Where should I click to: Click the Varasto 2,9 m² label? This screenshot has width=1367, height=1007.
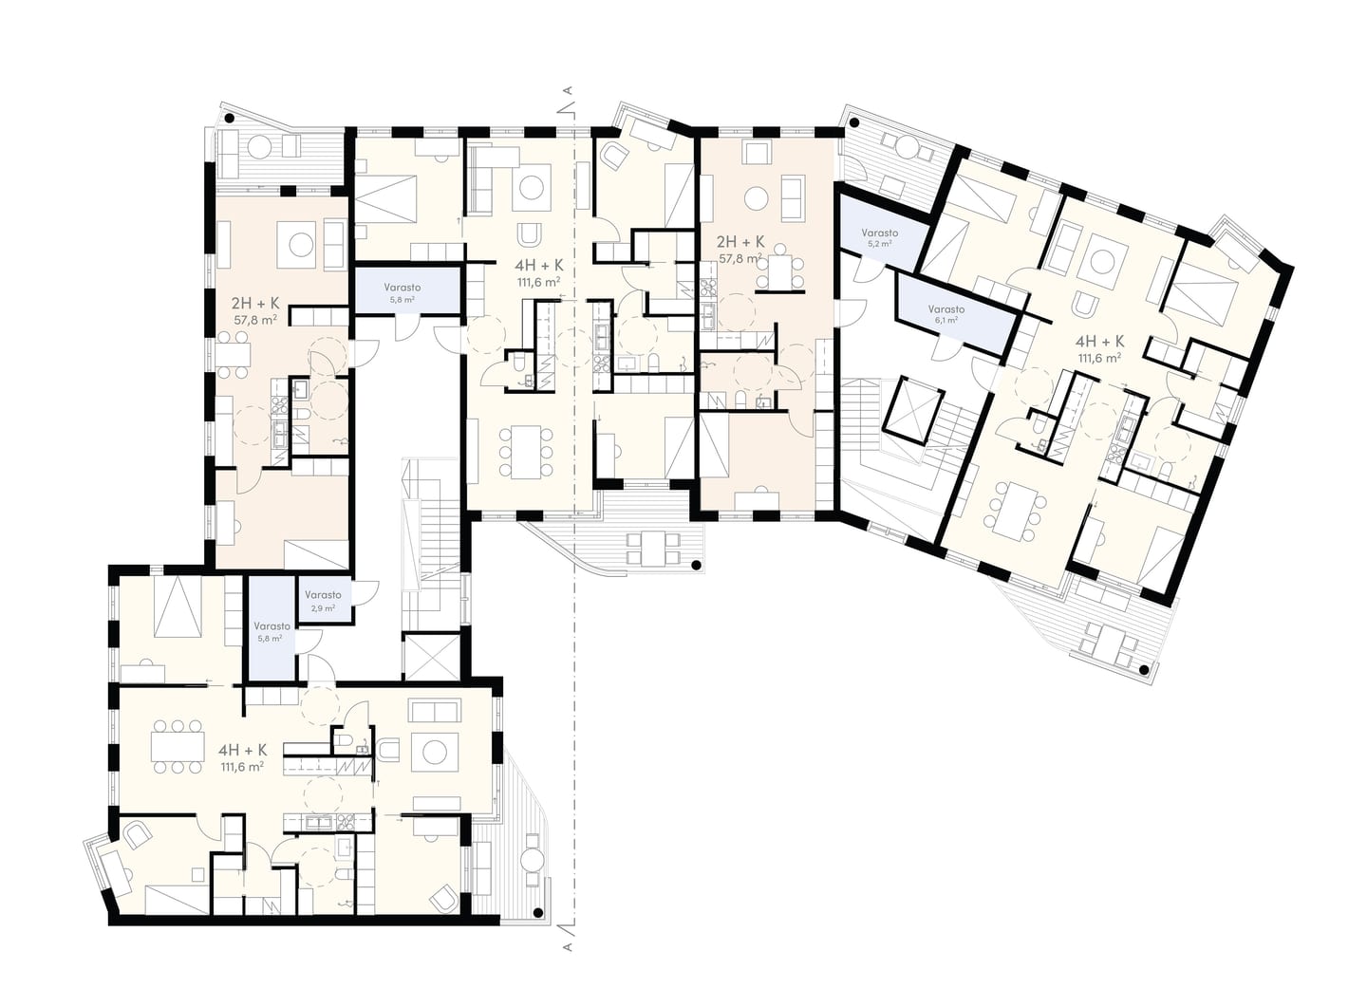323,601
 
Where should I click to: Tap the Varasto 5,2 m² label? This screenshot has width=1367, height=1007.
879,236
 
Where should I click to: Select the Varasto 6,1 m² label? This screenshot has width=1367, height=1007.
946,314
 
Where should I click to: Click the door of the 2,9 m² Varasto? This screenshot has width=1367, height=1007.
365,593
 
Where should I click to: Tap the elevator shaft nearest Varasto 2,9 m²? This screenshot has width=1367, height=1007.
431,657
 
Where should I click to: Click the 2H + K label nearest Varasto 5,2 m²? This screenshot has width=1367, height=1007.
740,242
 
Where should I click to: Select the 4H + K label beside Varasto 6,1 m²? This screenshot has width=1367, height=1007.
1099,341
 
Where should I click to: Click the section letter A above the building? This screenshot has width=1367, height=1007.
569,90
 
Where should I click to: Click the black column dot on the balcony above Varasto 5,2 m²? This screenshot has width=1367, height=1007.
854,123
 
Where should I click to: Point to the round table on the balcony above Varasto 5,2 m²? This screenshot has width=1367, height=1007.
908,148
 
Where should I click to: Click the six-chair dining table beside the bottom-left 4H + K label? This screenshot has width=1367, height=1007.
178,746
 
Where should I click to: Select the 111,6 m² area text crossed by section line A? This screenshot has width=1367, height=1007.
539,282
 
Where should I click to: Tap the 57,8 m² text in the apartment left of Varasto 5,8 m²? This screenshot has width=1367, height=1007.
255,319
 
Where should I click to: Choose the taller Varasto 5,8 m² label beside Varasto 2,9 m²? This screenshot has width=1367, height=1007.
272,631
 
